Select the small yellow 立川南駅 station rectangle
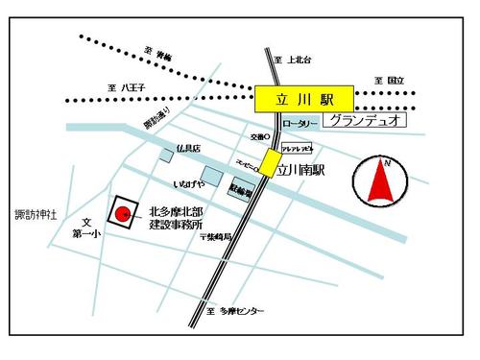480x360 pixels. [272, 162]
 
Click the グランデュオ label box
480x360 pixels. [362, 122]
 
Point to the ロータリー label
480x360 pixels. [300, 124]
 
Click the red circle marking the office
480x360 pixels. [123, 213]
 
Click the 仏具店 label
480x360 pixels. [188, 149]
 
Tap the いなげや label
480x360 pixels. [188, 182]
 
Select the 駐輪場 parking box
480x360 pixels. [239, 191]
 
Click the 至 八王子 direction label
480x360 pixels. [127, 88]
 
